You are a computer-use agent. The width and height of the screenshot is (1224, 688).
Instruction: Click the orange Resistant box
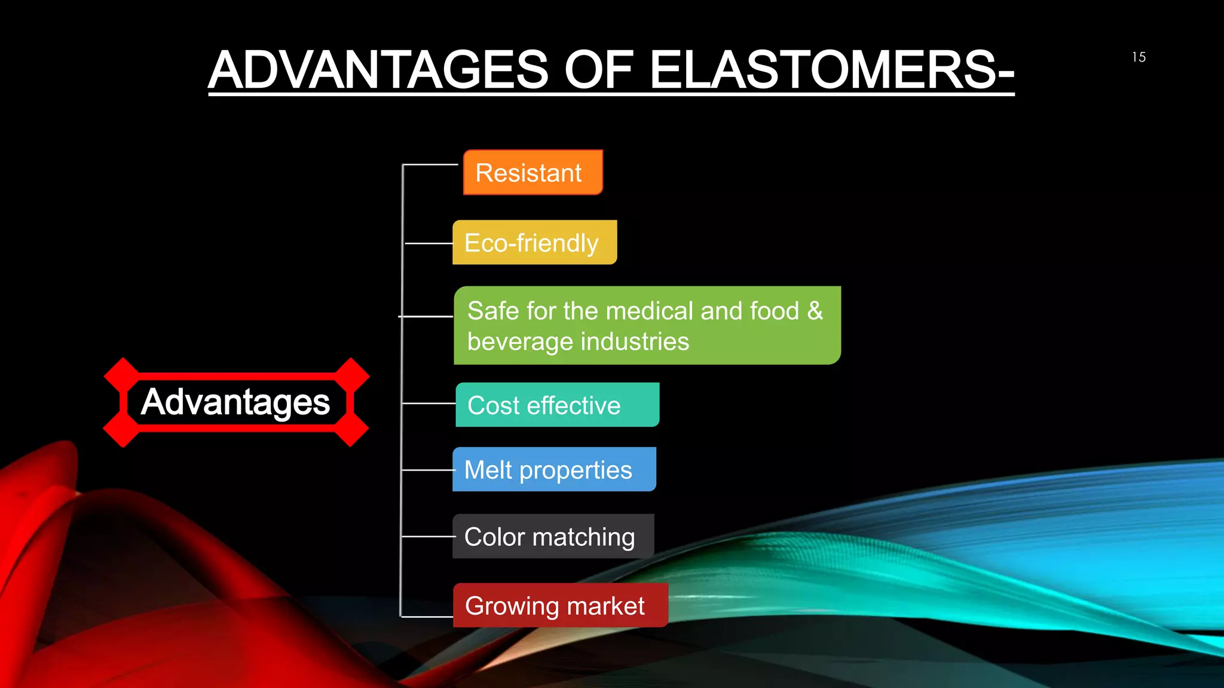click(x=533, y=173)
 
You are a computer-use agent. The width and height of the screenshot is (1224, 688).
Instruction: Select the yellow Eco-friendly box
click(x=534, y=242)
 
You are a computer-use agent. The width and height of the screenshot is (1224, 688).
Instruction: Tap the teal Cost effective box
click(x=557, y=405)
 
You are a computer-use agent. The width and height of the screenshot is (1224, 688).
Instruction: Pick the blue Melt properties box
click(x=554, y=469)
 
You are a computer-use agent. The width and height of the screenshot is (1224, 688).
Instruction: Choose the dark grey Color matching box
click(x=553, y=536)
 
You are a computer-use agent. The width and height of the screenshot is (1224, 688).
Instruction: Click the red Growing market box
click(x=560, y=606)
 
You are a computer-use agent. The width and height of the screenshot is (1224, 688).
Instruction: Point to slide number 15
click(x=1139, y=57)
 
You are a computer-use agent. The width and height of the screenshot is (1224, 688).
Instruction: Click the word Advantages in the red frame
click(x=235, y=402)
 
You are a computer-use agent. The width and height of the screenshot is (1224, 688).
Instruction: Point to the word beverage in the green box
click(x=519, y=342)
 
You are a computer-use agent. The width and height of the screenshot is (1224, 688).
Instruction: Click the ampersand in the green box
click(x=815, y=311)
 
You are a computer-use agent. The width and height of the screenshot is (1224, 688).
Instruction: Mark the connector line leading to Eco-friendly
click(x=429, y=243)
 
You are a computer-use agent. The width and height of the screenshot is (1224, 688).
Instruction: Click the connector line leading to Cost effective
click(x=429, y=404)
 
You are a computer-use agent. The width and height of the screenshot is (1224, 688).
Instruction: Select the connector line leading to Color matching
click(x=427, y=536)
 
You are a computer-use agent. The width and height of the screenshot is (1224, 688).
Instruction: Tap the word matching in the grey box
click(x=583, y=537)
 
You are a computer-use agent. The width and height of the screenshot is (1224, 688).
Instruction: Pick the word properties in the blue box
click(x=576, y=471)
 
